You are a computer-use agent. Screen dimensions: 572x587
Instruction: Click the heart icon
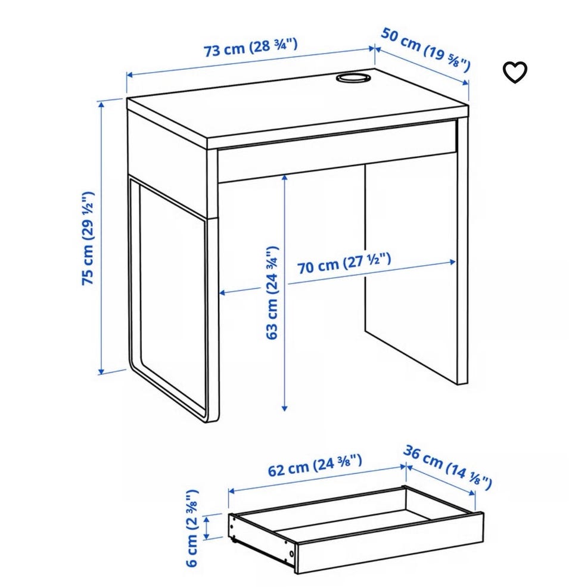[x=515, y=72]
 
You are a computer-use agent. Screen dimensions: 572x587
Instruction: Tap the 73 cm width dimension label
[x=250, y=48]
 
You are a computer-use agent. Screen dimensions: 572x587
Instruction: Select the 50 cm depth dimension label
[x=425, y=50]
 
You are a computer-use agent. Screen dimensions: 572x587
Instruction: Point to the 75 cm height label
[x=88, y=238]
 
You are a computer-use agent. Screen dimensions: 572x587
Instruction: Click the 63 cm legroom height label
[x=272, y=293]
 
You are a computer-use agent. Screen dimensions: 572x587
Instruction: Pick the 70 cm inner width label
[x=344, y=263]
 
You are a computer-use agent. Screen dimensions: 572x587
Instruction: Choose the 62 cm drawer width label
[x=315, y=466]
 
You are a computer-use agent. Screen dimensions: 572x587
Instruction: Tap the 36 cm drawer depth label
[x=447, y=467]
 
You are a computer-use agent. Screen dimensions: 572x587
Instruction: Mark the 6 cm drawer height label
[x=192, y=528]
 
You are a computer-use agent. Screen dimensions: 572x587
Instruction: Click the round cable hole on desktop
[x=353, y=78]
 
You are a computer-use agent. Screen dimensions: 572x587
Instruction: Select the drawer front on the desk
[x=337, y=151]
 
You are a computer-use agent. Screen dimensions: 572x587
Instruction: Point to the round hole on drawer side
[x=291, y=554]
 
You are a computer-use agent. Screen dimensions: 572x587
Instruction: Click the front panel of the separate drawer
[x=389, y=543]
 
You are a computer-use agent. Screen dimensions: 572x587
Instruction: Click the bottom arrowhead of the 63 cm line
[x=284, y=407]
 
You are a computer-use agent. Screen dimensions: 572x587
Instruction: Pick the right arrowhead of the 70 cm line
[x=452, y=262]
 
